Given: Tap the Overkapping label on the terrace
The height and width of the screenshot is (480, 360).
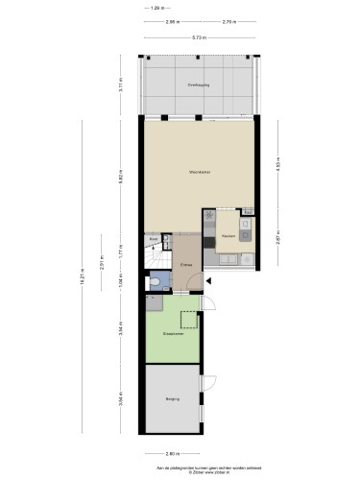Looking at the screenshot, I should pyautogui.click(x=199, y=84).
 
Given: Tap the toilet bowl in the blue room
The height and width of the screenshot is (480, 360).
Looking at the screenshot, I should pyautogui.click(x=155, y=282).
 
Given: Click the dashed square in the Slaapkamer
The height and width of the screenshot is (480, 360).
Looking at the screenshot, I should pyautogui.click(x=189, y=320).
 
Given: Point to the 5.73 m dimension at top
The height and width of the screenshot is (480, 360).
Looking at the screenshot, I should pyautogui.click(x=197, y=36).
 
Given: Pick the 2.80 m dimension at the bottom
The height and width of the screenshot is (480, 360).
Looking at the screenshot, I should pyautogui.click(x=172, y=453).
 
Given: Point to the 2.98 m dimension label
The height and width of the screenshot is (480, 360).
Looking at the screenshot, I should pyautogui.click(x=171, y=21).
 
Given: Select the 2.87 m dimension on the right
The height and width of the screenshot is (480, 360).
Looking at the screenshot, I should pyautogui.click(x=277, y=240).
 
